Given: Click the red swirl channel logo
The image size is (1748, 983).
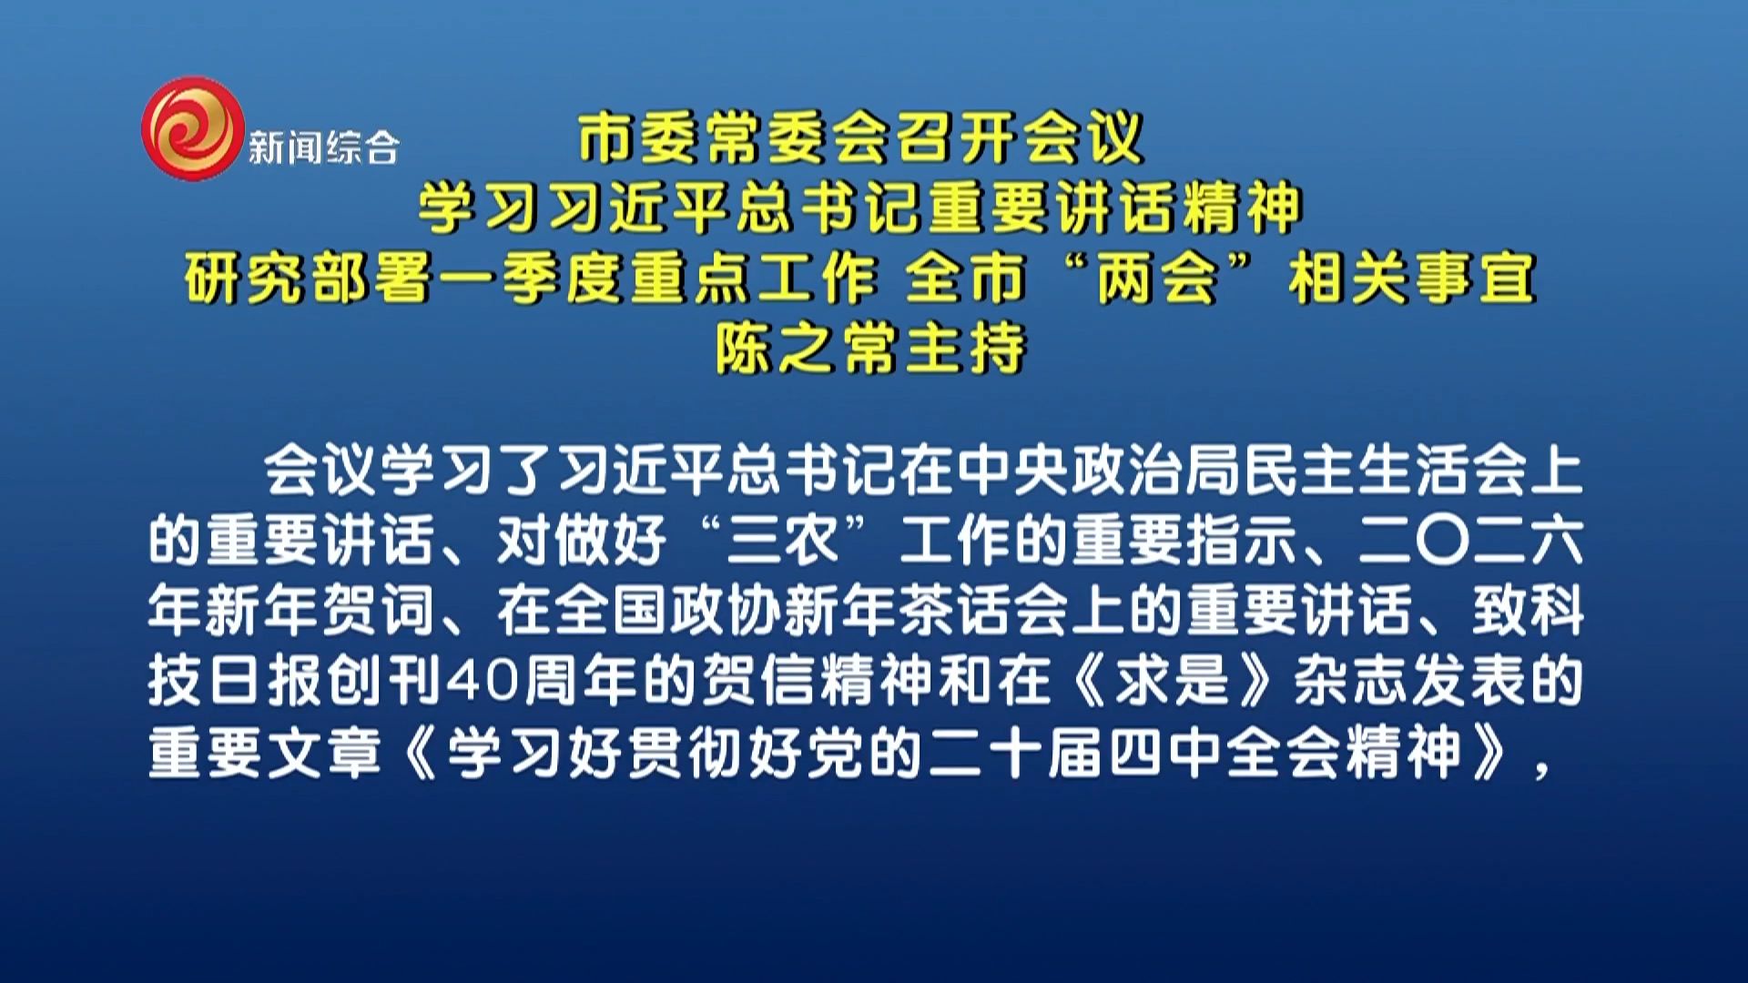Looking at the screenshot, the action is click(193, 127).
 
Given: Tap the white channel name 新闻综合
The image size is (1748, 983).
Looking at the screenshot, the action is click(323, 147).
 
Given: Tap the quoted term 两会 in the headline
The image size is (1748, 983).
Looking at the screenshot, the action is click(1157, 278).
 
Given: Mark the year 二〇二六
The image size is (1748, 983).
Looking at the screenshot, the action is click(1471, 541).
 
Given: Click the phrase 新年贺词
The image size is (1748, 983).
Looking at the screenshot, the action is click(291, 611).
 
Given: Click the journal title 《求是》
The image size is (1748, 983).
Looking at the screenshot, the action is click(1173, 681).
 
